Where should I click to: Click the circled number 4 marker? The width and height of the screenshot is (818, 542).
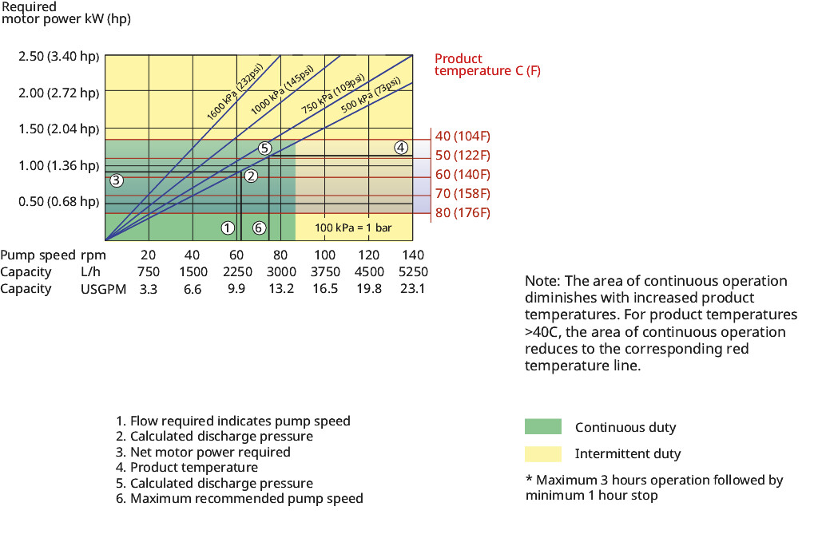tap(401, 147)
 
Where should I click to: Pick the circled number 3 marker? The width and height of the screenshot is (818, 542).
tap(116, 180)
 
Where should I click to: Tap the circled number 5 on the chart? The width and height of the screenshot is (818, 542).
tap(265, 148)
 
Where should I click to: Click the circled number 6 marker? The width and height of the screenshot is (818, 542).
tap(259, 227)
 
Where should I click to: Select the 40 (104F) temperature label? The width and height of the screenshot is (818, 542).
tap(463, 136)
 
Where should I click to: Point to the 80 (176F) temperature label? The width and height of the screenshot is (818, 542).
tap(463, 213)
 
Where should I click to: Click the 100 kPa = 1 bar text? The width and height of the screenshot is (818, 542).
tap(353, 227)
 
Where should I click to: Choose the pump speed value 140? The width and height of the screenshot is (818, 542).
tap(413, 255)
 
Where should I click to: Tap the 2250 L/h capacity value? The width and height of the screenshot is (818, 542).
tap(236, 271)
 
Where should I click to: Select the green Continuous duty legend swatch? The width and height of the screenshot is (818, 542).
tap(542, 426)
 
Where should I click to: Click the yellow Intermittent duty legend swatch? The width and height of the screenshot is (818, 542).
tap(542, 453)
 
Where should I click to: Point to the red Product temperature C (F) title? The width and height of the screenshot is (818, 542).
tap(487, 65)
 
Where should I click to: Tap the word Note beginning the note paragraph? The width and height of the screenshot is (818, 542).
tap(541, 281)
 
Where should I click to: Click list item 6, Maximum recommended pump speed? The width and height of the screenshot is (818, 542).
tap(240, 498)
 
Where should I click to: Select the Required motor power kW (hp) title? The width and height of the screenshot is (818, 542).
tap(66, 13)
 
